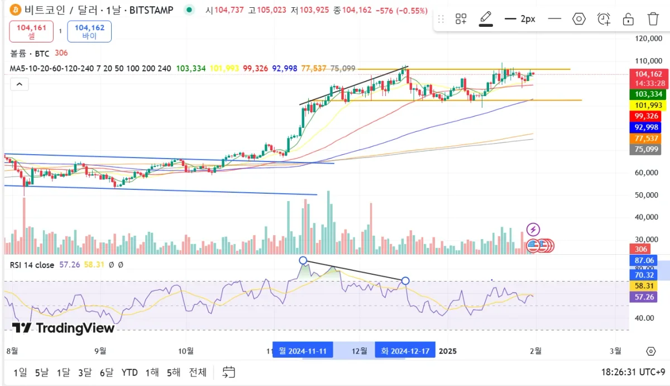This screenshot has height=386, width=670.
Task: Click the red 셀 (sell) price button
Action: [31, 31]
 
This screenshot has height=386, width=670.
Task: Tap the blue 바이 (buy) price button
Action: [89, 31]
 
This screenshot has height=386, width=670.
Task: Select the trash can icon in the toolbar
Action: [653, 19]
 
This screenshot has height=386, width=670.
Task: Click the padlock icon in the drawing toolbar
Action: [628, 19]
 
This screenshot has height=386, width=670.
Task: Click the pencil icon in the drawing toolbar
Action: [486, 18]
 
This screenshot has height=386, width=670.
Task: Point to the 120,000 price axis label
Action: [648, 39]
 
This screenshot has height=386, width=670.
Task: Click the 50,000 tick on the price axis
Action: [648, 195]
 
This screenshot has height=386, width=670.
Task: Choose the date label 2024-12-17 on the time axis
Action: [405, 351]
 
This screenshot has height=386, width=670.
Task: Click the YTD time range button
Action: [130, 372]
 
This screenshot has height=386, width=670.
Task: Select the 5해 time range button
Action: [174, 372]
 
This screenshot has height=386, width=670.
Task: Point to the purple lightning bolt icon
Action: [533, 229]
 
